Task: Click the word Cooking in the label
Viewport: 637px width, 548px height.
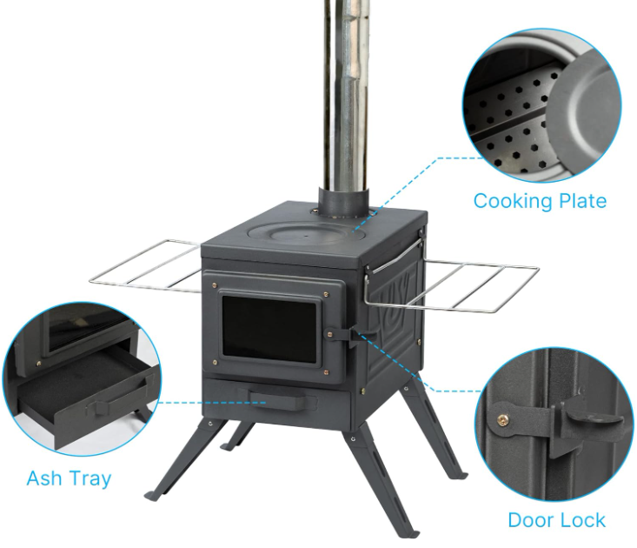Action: tap(513, 201)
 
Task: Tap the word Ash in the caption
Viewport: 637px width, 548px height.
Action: tap(43, 478)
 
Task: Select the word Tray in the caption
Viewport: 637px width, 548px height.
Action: tap(88, 479)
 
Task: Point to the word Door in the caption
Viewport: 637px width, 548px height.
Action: tap(531, 520)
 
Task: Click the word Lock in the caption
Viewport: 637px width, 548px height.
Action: tap(583, 520)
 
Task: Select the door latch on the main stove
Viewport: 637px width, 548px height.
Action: tap(348, 336)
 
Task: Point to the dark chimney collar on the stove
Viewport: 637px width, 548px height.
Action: tap(343, 204)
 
